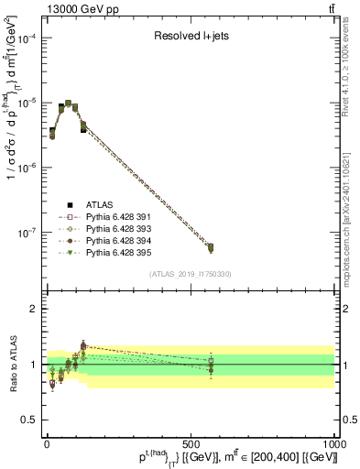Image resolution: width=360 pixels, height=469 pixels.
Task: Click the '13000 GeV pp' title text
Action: pos(49,8)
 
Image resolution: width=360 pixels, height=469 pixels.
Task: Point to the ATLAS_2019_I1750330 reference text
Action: pos(191,274)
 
